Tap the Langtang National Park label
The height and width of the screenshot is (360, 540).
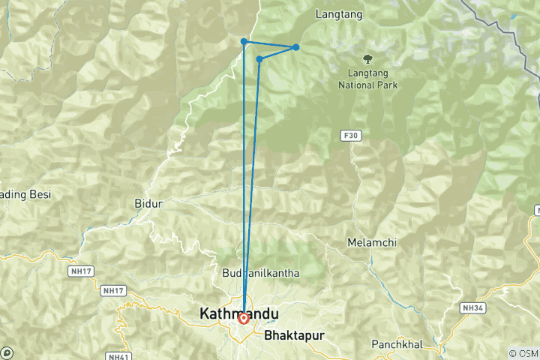pos(373,79)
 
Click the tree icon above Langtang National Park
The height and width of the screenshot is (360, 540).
pos(367,58)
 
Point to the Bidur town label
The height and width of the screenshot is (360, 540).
pos(147,203)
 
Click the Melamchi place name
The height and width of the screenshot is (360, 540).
pos(371,242)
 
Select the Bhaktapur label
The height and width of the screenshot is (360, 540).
pos(293,335)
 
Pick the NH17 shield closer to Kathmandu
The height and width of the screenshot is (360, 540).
pos(112,290)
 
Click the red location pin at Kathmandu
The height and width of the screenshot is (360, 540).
pos(243,319)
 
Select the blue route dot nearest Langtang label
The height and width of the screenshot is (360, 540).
pos(296,47)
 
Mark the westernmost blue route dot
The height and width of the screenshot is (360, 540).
pos(244,41)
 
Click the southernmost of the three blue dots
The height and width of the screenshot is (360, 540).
pos(259,58)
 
